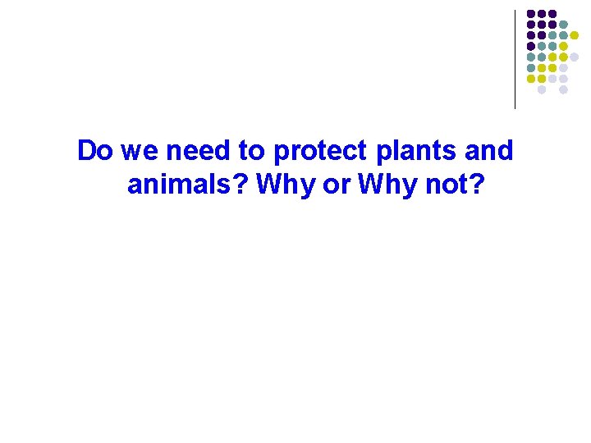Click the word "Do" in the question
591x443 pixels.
[x=95, y=152]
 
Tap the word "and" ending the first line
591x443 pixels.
[x=490, y=152]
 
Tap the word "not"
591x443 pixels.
[x=443, y=185]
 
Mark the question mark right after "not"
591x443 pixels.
[x=477, y=185]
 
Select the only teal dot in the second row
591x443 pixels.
[x=563, y=25]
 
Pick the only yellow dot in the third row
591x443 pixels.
[x=575, y=35]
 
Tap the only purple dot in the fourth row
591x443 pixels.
[x=531, y=47]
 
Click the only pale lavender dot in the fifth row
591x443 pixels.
[x=575, y=57]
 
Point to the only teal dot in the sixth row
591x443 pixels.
[x=531, y=68]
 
